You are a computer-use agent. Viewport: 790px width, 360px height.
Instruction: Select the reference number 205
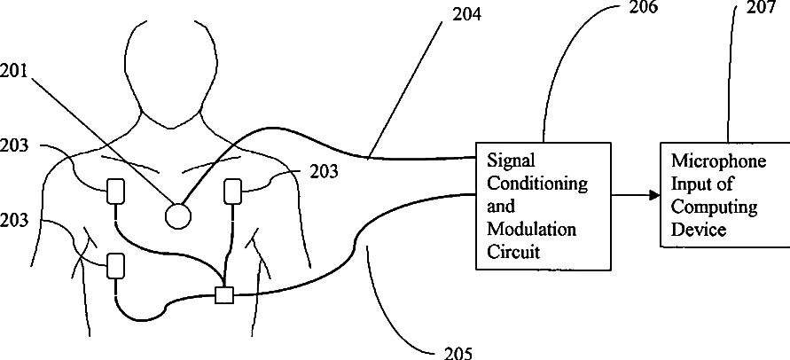pos(458,351)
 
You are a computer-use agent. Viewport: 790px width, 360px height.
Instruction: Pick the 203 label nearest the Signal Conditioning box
pos(324,172)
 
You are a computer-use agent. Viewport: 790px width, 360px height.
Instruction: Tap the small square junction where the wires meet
pos(224,295)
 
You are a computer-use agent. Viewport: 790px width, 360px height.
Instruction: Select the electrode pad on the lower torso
pos(115,265)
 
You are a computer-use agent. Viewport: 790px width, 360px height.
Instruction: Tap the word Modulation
pos(532,230)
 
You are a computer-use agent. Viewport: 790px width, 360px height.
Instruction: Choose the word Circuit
pos(514,252)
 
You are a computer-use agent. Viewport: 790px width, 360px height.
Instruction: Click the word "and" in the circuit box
pos(501,207)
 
